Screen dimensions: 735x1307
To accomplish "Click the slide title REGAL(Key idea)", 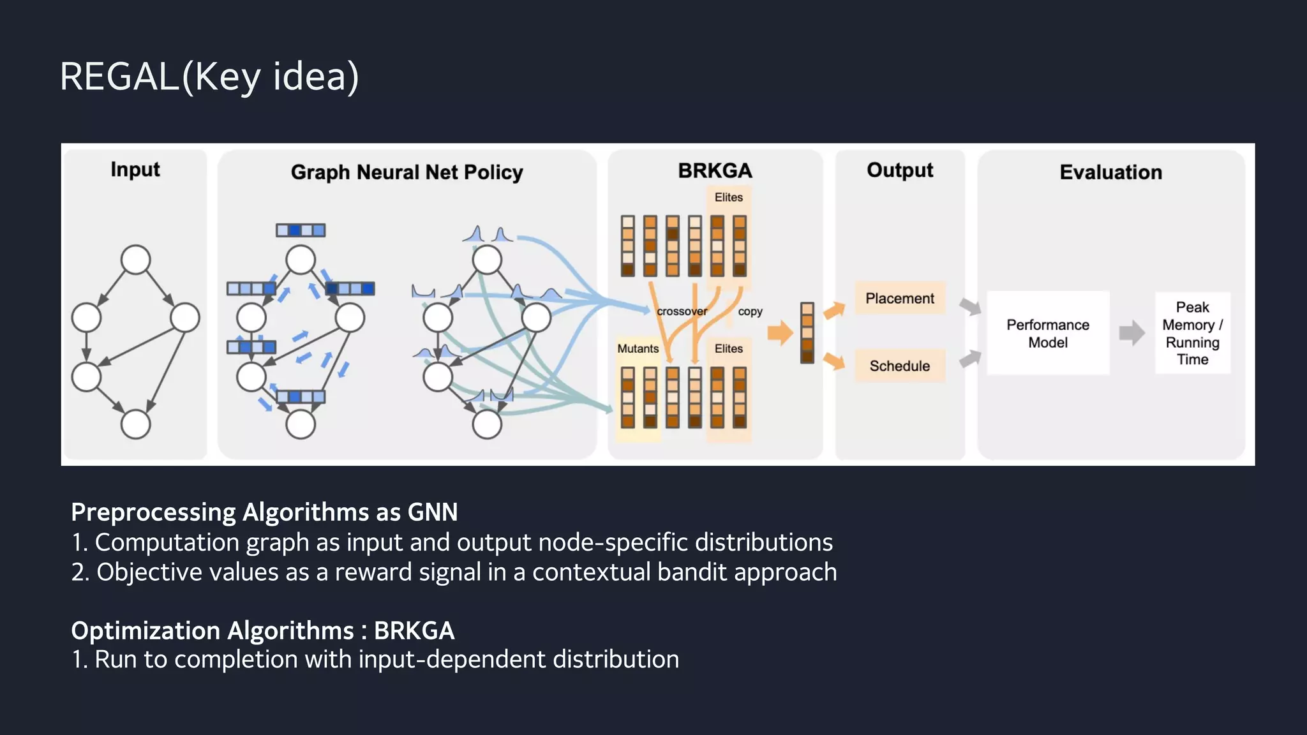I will click(x=209, y=77).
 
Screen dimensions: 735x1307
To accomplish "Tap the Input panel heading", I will click(x=135, y=169).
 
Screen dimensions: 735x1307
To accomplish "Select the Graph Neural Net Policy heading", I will click(x=407, y=172).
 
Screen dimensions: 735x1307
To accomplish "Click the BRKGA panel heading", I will click(x=715, y=170).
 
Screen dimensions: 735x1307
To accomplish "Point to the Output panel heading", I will click(x=899, y=170).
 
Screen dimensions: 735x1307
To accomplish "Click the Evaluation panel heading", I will click(x=1110, y=172).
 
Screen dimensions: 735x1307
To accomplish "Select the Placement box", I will click(x=899, y=298).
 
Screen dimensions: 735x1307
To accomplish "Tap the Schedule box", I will click(x=899, y=366).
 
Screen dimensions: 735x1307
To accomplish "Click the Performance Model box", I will click(x=1047, y=333).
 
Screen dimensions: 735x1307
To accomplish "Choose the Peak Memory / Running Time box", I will click(x=1192, y=333).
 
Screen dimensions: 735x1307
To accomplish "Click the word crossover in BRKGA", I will click(x=682, y=311).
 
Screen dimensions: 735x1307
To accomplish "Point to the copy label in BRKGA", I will click(x=750, y=311).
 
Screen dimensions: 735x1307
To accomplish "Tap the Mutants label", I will click(x=638, y=348).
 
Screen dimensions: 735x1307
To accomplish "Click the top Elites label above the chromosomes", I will click(x=728, y=197).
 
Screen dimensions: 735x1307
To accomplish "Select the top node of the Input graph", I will click(x=135, y=260).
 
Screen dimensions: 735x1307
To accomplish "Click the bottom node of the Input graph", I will click(x=135, y=424).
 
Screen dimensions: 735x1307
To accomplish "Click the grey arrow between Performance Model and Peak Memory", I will click(x=1131, y=332).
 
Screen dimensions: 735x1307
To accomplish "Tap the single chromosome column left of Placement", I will click(x=807, y=333).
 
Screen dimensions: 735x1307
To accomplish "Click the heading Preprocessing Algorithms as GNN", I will click(x=264, y=512).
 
